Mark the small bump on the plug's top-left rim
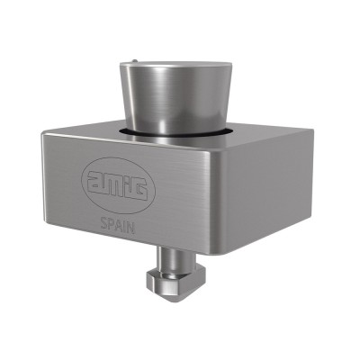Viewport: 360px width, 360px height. pyautogui.click(x=132, y=63)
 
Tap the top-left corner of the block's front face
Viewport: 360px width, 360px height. pyautogui.click(x=40, y=134)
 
